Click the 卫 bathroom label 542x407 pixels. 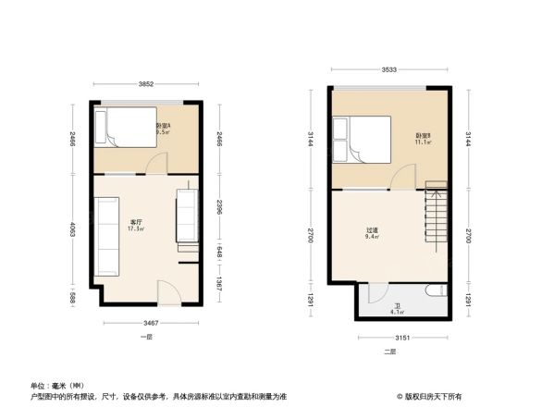click(397, 308)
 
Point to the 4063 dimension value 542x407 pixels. click(74, 230)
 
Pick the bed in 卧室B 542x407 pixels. click(363, 140)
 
